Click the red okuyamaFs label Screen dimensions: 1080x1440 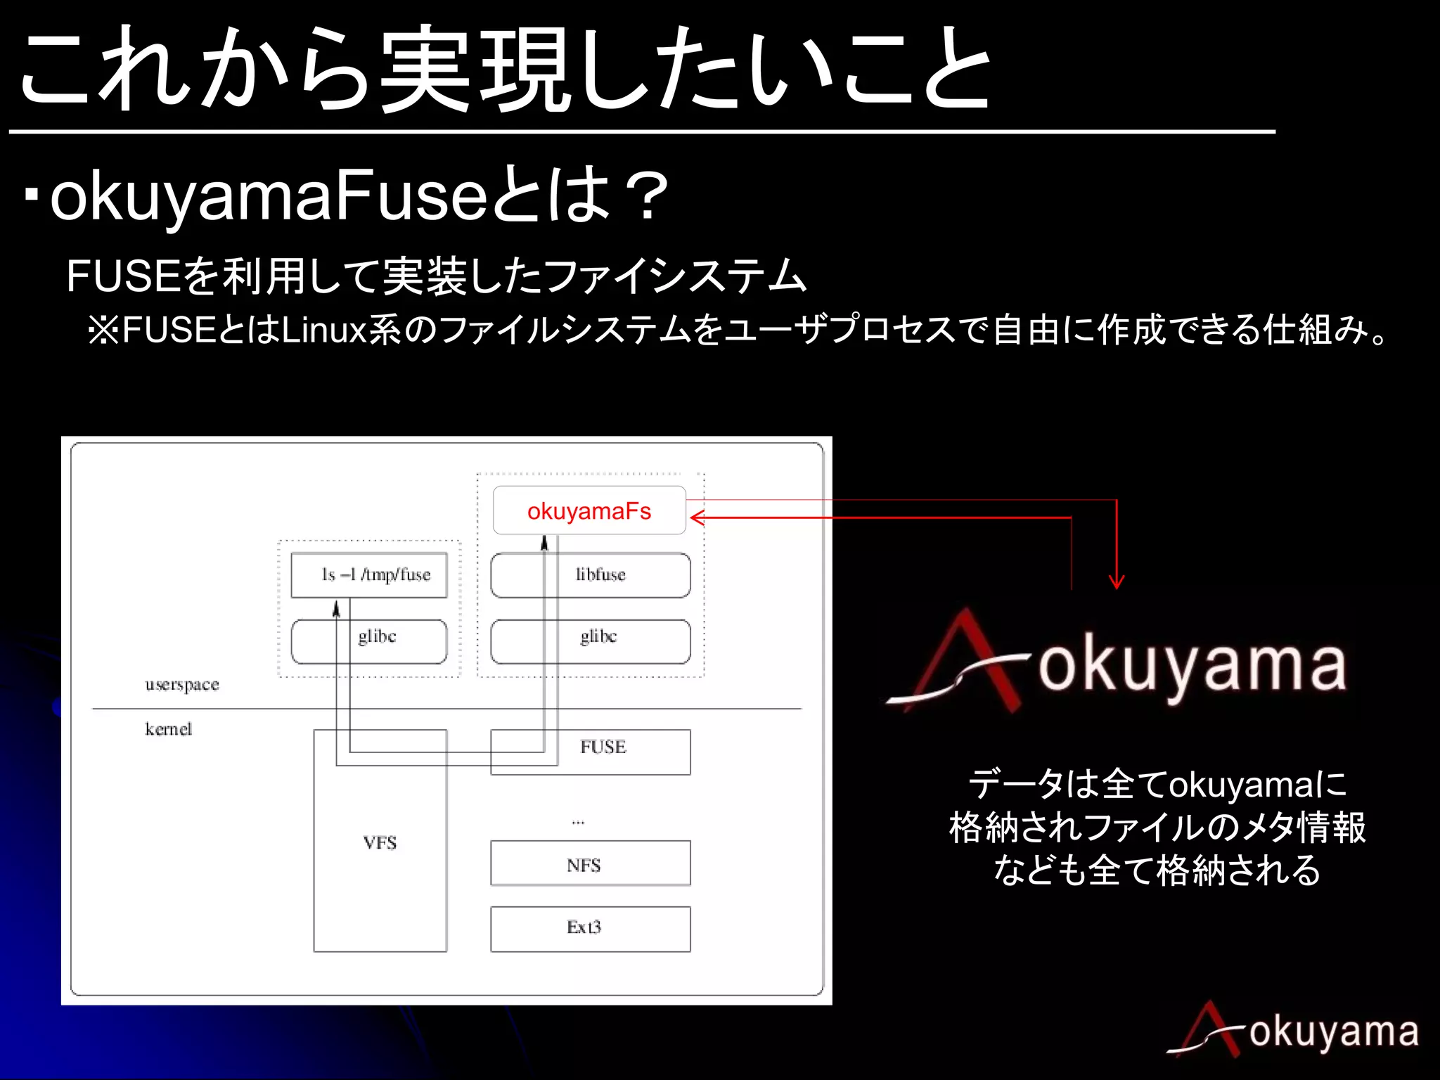coord(589,511)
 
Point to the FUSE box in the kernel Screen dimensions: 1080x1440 coord(603,747)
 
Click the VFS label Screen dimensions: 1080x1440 coord(380,842)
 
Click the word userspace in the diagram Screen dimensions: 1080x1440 coord(182,685)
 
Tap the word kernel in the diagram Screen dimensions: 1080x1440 coord(169,729)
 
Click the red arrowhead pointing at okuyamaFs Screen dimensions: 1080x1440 coord(696,518)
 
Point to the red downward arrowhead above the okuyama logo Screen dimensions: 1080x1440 coord(1117,582)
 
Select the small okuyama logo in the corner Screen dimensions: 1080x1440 coord(1294,1031)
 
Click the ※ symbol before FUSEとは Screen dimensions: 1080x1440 coord(103,330)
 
